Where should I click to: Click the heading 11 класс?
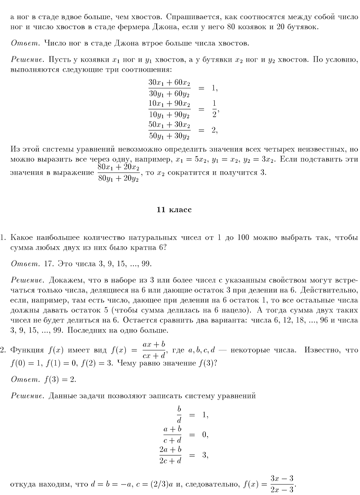pos(174,210)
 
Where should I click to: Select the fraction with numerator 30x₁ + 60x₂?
pos(169,88)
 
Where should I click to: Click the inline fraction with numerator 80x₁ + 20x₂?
pos(118,172)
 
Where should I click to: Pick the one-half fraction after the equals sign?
pos(214,109)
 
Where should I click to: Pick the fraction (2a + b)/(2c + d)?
pos(170,455)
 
